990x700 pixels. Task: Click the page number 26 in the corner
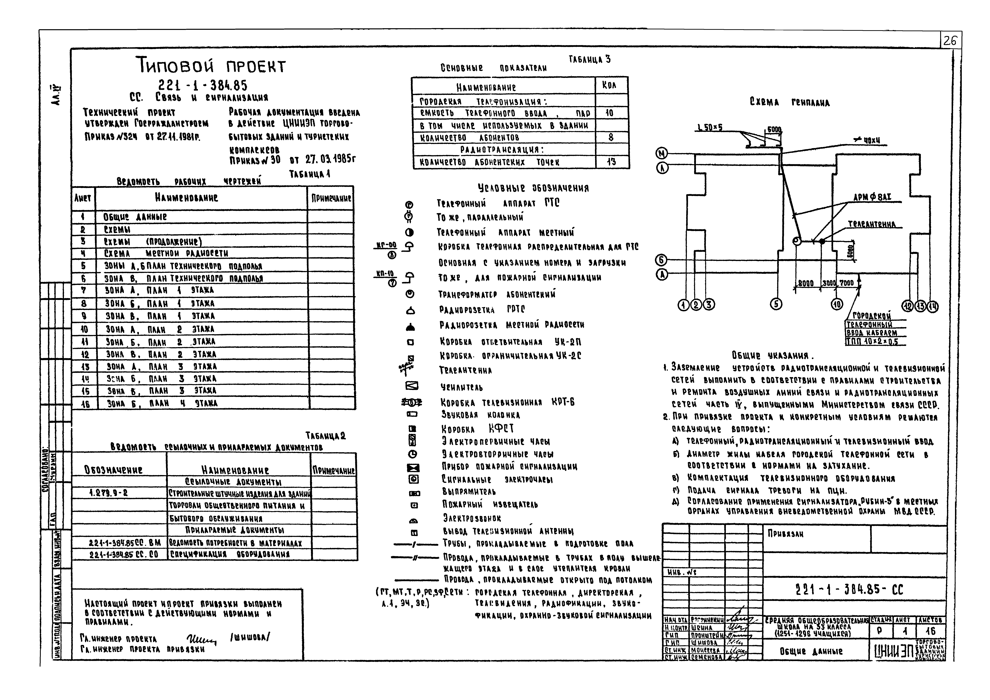coord(950,41)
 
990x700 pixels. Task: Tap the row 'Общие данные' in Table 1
coord(135,216)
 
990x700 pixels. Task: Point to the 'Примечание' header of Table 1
coord(331,198)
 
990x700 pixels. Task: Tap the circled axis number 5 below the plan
coord(776,304)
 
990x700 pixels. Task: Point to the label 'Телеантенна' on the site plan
coord(871,224)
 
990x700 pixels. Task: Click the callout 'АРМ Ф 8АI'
coord(872,198)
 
